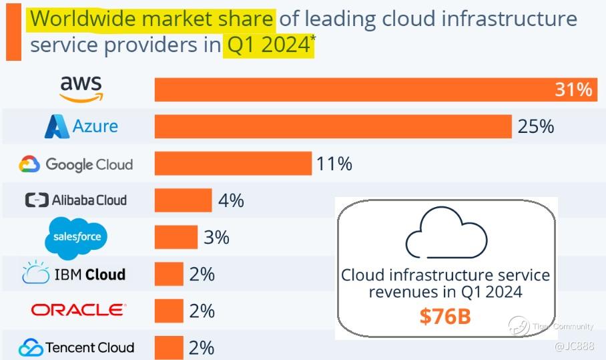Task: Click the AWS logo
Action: coord(81,88)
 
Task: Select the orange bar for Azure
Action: coord(332,126)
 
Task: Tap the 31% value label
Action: coord(573,89)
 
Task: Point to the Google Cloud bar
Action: coord(233,163)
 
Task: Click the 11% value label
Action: coord(334,163)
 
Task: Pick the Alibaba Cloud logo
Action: coord(75,200)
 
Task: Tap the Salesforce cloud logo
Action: coord(76,237)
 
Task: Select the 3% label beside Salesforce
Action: coord(216,237)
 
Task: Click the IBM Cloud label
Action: coord(73,274)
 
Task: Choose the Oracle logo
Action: coord(77,311)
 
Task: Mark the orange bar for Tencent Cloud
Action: coord(169,347)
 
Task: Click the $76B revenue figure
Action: coord(445,316)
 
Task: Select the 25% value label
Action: coord(535,126)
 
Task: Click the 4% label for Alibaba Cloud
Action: coord(231,200)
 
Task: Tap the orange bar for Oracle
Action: coord(169,311)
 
